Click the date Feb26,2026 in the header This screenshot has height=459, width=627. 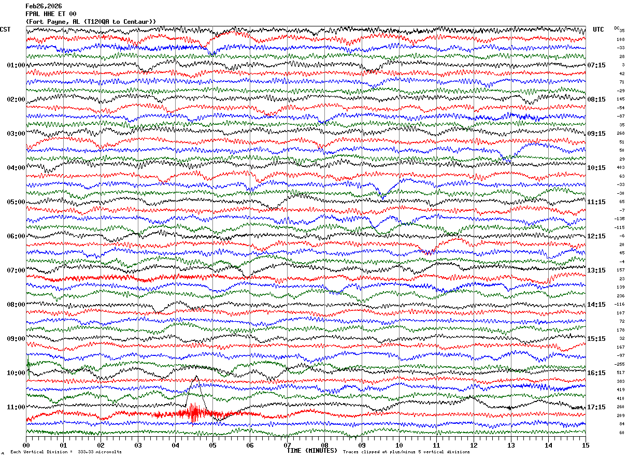pyautogui.click(x=44, y=6)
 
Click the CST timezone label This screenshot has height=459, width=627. pyautogui.click(x=5, y=30)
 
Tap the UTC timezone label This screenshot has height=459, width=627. pyautogui.click(x=598, y=30)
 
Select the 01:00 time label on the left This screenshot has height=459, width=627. pyautogui.click(x=16, y=65)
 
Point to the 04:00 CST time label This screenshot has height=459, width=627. pyautogui.click(x=16, y=168)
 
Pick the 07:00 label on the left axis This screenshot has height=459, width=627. pyautogui.click(x=16, y=270)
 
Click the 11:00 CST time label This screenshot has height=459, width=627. pyautogui.click(x=16, y=407)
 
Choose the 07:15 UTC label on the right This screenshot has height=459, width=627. pyautogui.click(x=596, y=65)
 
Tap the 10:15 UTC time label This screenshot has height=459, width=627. pyautogui.click(x=596, y=168)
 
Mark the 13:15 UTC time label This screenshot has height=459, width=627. pyautogui.click(x=596, y=270)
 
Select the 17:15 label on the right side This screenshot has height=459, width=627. pyautogui.click(x=596, y=407)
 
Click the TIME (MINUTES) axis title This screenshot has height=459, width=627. pyautogui.click(x=312, y=451)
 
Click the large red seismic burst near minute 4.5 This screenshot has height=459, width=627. pyautogui.click(x=195, y=413)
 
